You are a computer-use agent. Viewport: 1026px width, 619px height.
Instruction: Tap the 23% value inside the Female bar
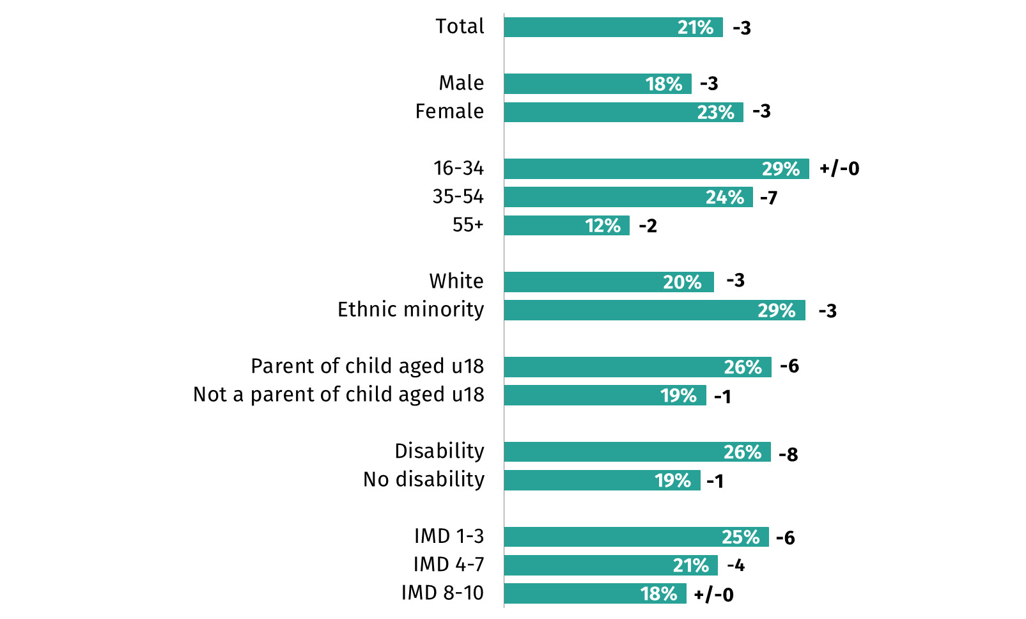[x=715, y=113]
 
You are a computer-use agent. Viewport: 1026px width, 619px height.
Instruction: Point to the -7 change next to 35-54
[x=768, y=198]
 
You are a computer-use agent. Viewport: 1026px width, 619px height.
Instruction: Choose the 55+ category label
[x=468, y=225]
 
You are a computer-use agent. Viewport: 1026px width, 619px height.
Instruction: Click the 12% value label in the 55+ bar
[x=603, y=226]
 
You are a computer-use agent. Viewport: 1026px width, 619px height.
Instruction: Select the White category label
[x=456, y=281]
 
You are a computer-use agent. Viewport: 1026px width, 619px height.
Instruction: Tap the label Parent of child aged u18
[x=367, y=366]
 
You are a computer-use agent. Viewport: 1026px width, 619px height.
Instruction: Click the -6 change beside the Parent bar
[x=789, y=366]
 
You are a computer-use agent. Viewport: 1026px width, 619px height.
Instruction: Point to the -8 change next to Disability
[x=788, y=455]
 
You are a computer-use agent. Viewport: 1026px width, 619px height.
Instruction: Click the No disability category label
[x=423, y=480]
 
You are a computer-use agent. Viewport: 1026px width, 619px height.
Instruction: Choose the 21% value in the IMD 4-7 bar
[x=690, y=566]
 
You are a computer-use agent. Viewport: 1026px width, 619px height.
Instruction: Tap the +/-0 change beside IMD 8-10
[x=713, y=595]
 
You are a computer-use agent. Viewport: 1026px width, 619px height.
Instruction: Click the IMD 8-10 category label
[x=442, y=593]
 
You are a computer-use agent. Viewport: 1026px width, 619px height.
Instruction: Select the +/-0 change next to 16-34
[x=839, y=169]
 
